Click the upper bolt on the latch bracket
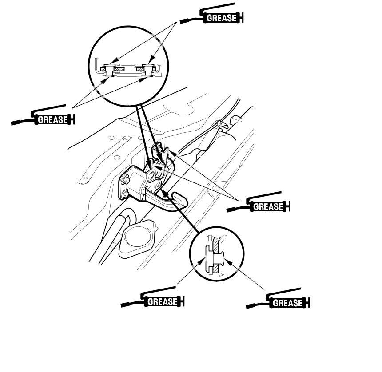coord(126,181)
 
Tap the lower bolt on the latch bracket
coord(125,194)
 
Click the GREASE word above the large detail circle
coord(222,18)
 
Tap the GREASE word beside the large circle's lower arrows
coord(52,119)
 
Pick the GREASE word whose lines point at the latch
coord(268,206)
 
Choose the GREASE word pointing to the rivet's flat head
coord(162,302)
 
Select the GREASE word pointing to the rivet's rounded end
coord(287,303)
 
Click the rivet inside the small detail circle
coord(215,259)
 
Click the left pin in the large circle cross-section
coord(109,71)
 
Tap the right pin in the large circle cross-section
coord(149,71)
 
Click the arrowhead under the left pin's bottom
coord(105,81)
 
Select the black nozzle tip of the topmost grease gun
coord(183,21)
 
